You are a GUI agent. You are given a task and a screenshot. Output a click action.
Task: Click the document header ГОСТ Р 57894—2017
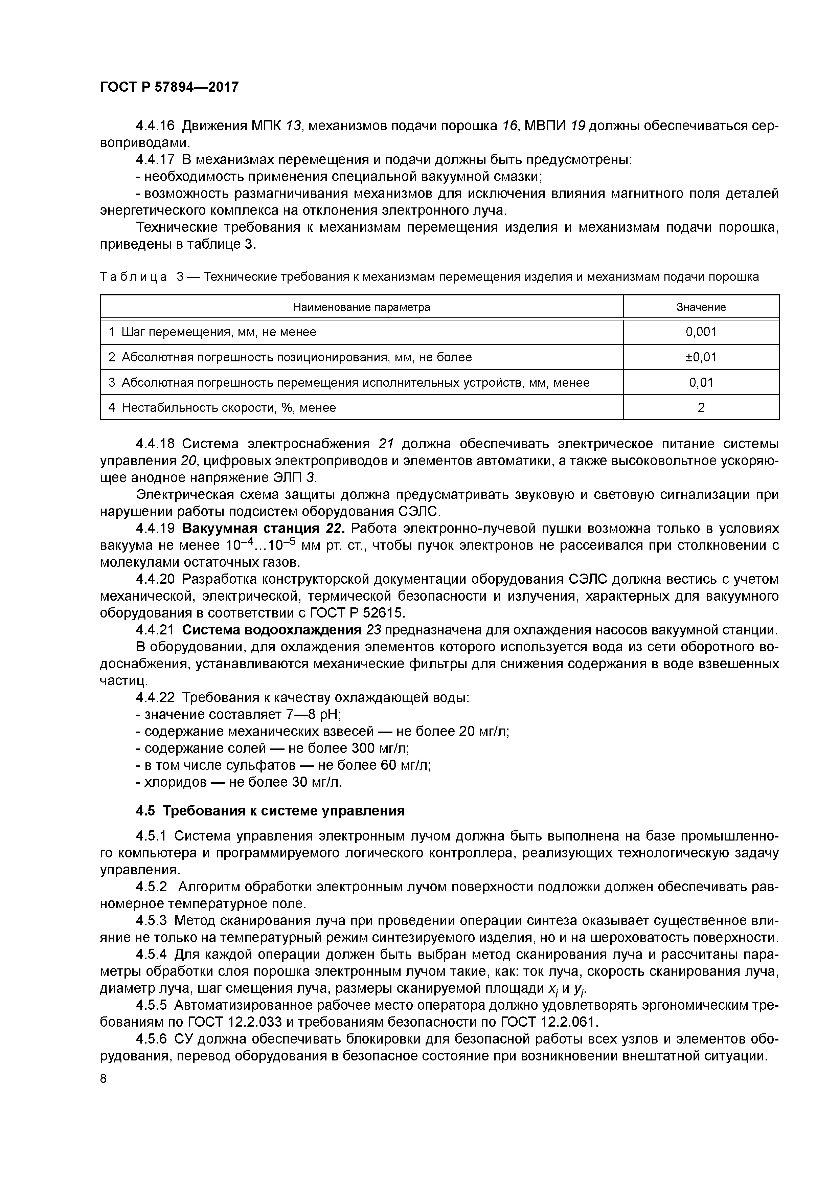pyautogui.click(x=169, y=87)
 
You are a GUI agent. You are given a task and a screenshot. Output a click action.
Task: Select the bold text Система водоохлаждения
pyautogui.click(x=271, y=630)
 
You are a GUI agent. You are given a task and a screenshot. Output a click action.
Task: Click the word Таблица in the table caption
pyautogui.click(x=133, y=277)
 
